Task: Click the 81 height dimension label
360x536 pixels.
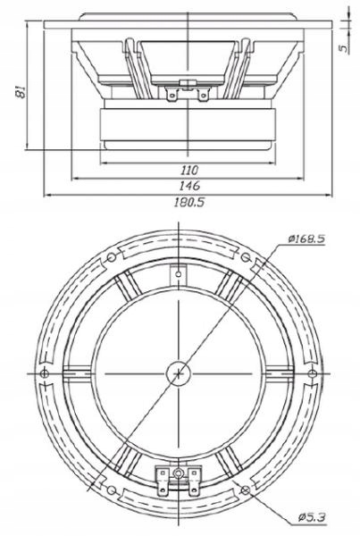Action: tap(10, 89)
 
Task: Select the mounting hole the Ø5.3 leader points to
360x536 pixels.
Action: tap(247, 487)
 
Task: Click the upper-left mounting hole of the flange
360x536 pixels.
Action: tap(111, 258)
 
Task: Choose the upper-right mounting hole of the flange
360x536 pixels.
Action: tap(250, 258)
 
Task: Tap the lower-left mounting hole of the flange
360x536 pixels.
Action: tap(111, 486)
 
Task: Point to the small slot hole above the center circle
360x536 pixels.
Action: tap(180, 273)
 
